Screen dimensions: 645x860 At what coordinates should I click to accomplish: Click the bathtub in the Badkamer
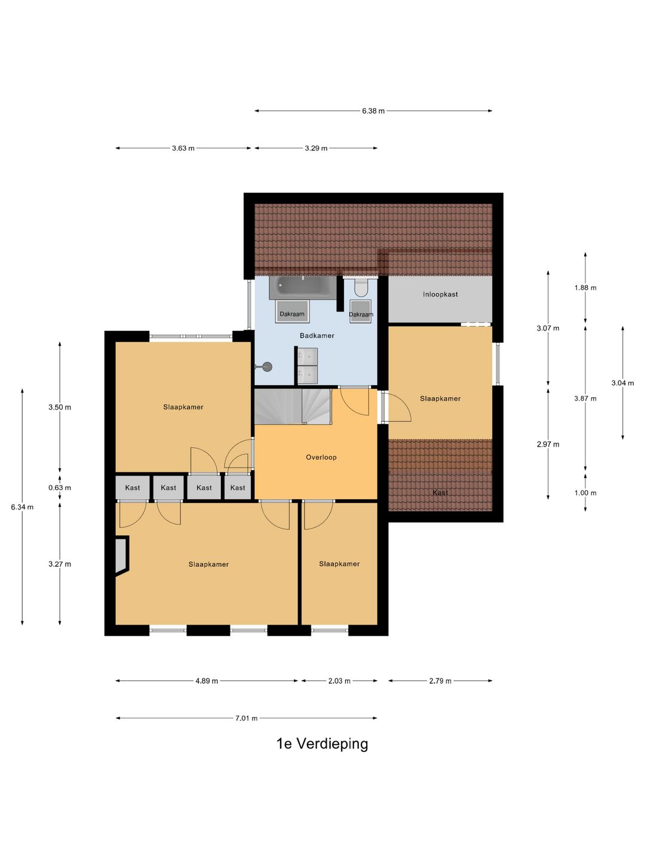(x=302, y=288)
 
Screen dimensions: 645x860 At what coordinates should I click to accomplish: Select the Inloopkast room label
(x=440, y=294)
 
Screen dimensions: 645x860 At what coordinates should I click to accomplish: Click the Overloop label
(x=321, y=457)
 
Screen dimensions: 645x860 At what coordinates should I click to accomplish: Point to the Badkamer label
(x=317, y=336)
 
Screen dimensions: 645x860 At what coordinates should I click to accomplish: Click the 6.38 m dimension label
(x=373, y=111)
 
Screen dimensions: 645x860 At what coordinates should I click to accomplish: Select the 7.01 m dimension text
(x=246, y=718)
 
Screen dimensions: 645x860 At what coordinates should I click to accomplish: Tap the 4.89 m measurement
(x=207, y=681)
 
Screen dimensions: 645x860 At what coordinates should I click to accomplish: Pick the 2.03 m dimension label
(x=339, y=681)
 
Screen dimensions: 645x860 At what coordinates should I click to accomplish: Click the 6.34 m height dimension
(x=22, y=507)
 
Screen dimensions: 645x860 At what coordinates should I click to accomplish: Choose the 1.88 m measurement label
(x=585, y=288)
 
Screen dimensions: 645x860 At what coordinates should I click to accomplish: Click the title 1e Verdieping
(x=322, y=744)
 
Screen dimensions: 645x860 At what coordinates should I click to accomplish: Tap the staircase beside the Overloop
(x=293, y=406)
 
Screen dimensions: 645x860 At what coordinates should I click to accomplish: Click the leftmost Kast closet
(x=133, y=487)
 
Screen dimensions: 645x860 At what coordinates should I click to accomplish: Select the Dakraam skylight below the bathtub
(x=292, y=312)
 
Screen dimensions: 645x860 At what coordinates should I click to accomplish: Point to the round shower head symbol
(x=268, y=367)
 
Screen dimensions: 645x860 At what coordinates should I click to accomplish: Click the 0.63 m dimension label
(x=60, y=488)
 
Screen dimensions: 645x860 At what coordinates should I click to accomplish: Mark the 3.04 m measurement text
(x=623, y=383)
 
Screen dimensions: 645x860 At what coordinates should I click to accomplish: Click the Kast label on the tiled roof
(x=440, y=493)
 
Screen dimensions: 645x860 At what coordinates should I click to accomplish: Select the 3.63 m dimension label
(x=183, y=148)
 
